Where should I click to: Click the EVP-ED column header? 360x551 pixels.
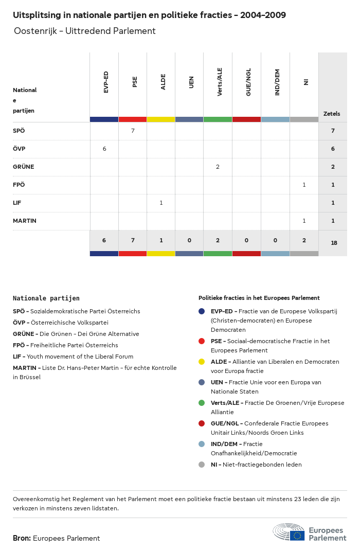pos(106,82)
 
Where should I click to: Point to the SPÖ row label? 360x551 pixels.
pos(19,131)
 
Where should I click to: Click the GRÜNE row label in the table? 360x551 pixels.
pos(23,167)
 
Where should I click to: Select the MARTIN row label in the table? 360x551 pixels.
pos(25,221)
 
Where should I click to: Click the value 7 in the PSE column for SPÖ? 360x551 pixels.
pos(133,131)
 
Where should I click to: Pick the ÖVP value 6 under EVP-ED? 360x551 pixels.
pos(104,149)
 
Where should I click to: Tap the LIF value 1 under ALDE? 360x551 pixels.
pos(161,203)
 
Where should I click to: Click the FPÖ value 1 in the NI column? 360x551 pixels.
pos(304,185)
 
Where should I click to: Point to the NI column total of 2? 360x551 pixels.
pos(304,240)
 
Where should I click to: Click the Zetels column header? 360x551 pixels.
pos(332,114)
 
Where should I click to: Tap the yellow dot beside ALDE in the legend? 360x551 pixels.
pos(202,362)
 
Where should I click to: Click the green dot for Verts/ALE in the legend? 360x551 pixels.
pos(202,403)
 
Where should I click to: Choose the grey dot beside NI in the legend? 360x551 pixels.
pos(202,465)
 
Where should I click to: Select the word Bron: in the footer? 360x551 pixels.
pos(22,538)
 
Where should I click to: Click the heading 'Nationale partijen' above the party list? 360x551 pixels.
pos(46,298)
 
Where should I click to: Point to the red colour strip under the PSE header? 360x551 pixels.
pos(133,119)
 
